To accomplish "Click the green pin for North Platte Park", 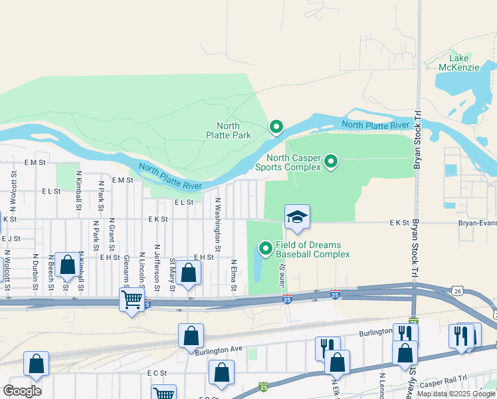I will click(x=276, y=126).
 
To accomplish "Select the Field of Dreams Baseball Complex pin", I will click(x=266, y=249).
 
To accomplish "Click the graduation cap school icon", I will click(x=297, y=217).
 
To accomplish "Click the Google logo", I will click(x=22, y=391).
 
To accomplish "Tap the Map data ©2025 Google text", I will click(x=456, y=394).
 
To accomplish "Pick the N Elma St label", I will click(x=234, y=273).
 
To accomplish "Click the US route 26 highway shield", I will click(x=456, y=291).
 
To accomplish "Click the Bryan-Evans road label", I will click(x=477, y=224).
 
